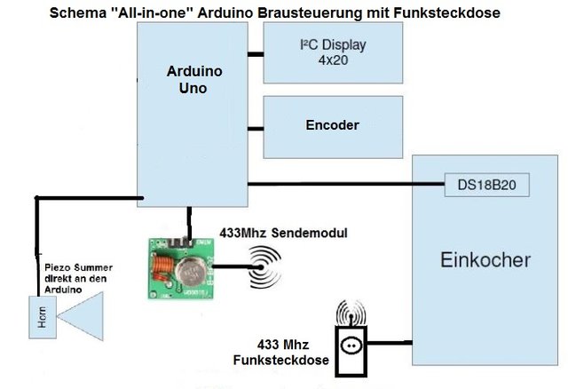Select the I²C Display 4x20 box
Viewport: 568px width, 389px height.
point(333,52)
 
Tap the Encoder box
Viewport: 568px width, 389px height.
point(333,125)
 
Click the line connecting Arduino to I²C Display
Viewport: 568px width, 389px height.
point(255,53)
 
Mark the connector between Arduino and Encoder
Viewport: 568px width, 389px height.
point(255,125)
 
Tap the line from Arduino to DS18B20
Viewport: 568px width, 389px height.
point(346,185)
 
